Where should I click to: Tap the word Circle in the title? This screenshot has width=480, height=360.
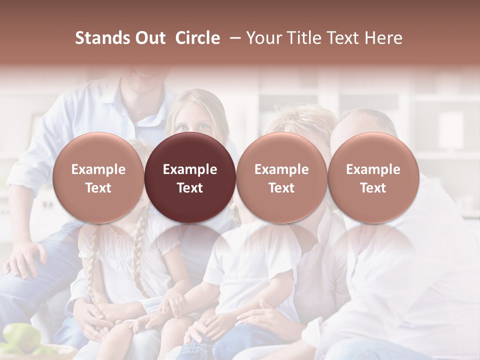coord(197,38)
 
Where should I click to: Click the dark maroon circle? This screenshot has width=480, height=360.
coord(190,177)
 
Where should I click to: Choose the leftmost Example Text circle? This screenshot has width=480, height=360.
coord(98,177)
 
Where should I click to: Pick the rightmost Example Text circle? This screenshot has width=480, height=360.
coord(373,177)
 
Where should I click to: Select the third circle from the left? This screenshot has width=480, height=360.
coord(281,177)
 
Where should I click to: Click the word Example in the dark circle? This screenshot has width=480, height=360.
coord(190,169)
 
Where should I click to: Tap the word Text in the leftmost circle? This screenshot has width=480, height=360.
coord(98,188)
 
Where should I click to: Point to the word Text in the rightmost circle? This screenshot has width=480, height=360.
coord(373,188)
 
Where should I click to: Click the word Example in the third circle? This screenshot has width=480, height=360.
coord(281,169)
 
